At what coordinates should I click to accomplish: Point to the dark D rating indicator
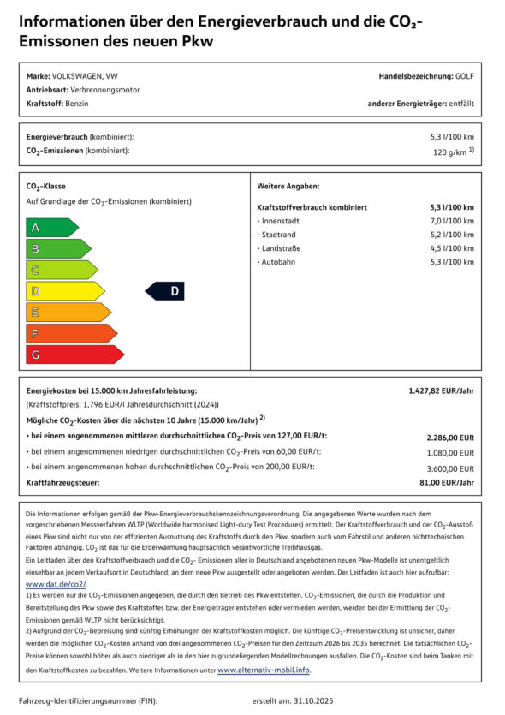[165, 291]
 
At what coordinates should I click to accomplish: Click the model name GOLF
[465, 76]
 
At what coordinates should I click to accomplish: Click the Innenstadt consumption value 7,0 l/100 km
[451, 221]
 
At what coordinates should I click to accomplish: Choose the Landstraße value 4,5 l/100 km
[451, 247]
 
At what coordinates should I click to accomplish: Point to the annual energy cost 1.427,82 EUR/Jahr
[441, 390]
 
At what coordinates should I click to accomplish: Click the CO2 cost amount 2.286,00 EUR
[450, 437]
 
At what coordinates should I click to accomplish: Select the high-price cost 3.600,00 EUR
[450, 468]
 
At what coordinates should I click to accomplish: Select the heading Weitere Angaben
[288, 186]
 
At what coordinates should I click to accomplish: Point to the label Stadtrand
[281, 235]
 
